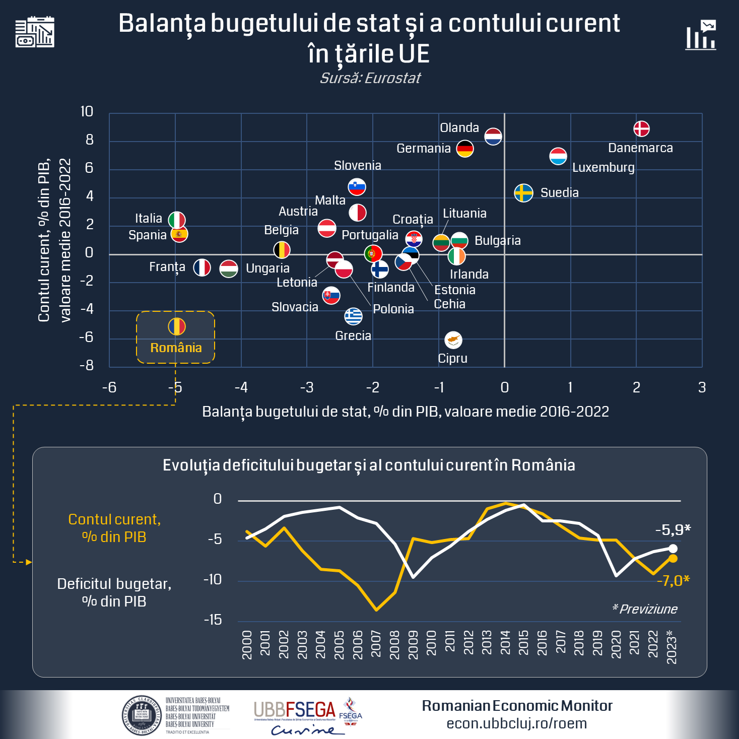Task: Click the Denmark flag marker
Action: [x=641, y=129]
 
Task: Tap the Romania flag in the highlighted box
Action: [x=177, y=326]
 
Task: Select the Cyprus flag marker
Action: [x=453, y=340]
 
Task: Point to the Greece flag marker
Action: [x=353, y=316]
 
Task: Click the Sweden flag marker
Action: [x=523, y=193]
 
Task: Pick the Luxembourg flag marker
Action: [x=558, y=156]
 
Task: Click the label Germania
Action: [x=423, y=149]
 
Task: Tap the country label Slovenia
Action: [x=357, y=166]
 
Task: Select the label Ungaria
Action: [x=267, y=268]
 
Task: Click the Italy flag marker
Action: [x=177, y=220]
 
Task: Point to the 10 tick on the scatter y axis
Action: [x=87, y=112]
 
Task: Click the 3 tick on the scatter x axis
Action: [x=702, y=387]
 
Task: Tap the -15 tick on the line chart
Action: [x=213, y=620]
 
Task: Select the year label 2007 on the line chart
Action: [x=376, y=644]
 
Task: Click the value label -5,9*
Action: [x=673, y=530]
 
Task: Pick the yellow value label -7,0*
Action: [x=673, y=581]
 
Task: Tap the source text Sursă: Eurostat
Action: [x=370, y=78]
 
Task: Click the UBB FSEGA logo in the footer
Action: [x=308, y=715]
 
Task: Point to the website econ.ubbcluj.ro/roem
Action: [x=516, y=723]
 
